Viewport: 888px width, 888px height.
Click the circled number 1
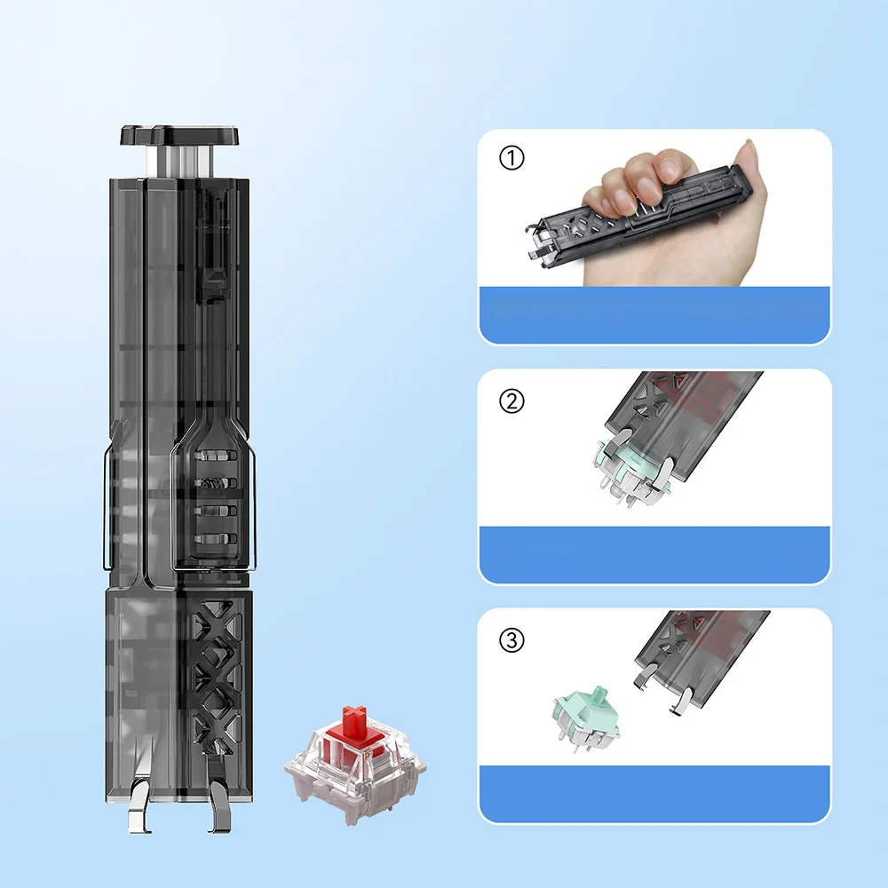pyautogui.click(x=513, y=160)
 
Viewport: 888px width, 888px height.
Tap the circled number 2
pyautogui.click(x=512, y=401)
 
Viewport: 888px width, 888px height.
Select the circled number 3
pyautogui.click(x=512, y=640)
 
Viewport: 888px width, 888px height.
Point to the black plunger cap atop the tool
pyautogui.click(x=180, y=136)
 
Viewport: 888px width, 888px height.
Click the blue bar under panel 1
pyautogui.click(x=654, y=314)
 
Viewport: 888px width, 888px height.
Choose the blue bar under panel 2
pyautogui.click(x=654, y=554)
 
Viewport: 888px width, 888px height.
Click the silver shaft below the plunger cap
pyautogui.click(x=180, y=161)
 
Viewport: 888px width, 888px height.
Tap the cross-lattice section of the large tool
pyautogui.click(x=215, y=675)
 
